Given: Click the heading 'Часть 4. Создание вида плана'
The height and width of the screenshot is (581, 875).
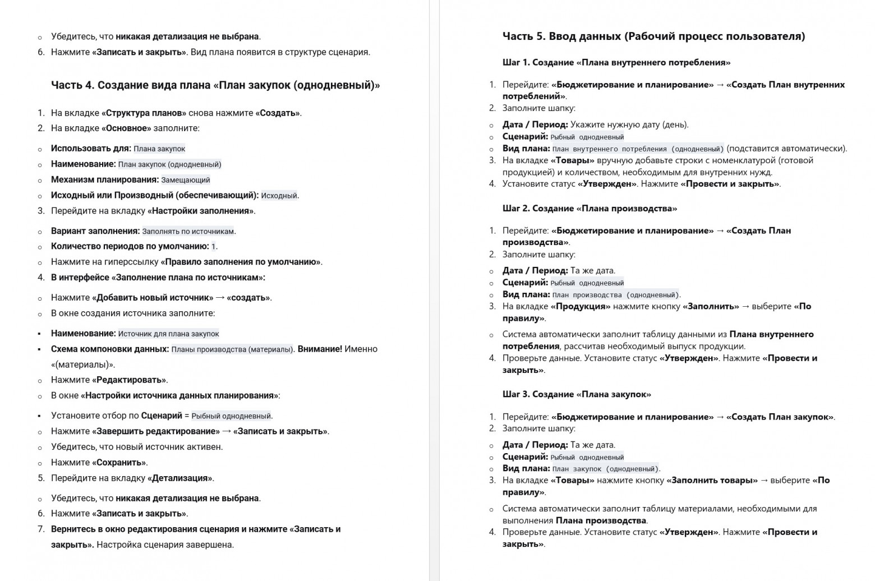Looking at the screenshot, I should [x=215, y=85].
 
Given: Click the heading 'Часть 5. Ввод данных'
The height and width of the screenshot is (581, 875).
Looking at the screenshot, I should [x=653, y=36].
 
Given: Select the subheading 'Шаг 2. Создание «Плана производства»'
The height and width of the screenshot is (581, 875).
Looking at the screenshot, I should [x=590, y=209].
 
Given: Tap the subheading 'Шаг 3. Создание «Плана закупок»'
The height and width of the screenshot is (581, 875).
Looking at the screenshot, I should [x=577, y=394].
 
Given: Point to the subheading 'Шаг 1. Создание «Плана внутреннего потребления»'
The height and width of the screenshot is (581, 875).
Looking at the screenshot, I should [x=616, y=62].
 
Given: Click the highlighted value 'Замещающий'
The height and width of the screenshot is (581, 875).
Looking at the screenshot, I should [x=186, y=180].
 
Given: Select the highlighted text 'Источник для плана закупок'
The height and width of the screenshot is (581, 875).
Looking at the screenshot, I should [x=168, y=334].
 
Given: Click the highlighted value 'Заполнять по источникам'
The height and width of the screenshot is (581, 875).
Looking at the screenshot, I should [x=188, y=231].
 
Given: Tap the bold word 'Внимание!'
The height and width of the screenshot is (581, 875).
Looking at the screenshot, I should [x=320, y=349].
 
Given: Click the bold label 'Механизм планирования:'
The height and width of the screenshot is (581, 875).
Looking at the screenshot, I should [x=105, y=180].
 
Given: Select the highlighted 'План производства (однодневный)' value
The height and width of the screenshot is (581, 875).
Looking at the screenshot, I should [x=615, y=295].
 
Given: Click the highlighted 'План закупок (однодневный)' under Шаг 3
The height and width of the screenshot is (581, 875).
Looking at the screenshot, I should [x=605, y=469].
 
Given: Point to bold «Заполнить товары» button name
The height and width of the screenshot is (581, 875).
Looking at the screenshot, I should [x=712, y=481].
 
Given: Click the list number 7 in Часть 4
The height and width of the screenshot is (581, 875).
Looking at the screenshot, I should [x=41, y=529].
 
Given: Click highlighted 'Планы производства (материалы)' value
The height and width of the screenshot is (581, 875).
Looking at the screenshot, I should [x=232, y=349].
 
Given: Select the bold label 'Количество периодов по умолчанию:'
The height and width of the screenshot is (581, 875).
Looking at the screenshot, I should [x=130, y=246].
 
